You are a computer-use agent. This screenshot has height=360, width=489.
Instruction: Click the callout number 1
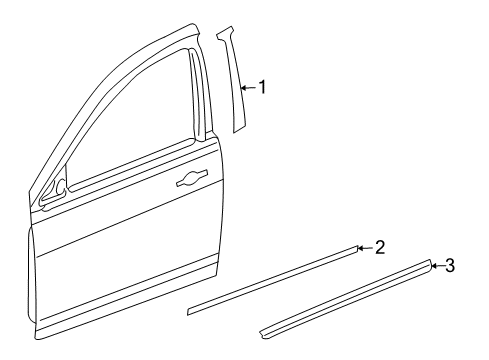point(263,87)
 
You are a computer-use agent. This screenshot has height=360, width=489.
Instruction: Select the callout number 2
point(379,246)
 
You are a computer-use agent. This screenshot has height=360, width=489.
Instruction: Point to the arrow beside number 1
point(248,88)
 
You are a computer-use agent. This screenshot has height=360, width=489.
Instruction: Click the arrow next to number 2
point(364,246)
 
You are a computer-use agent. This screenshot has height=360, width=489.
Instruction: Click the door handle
point(190,180)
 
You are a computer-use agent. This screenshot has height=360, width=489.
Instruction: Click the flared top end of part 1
point(224,34)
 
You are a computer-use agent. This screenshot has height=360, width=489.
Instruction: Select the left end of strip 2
point(190,312)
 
